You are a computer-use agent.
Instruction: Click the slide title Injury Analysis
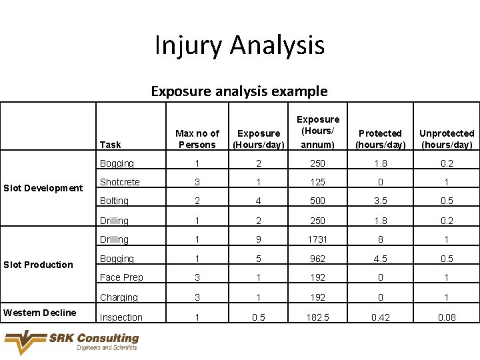pyautogui.click(x=239, y=45)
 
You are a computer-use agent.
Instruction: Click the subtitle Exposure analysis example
pyautogui.click(x=239, y=91)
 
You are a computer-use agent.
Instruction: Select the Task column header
pyautogui.click(x=111, y=145)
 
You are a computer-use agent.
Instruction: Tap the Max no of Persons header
pyautogui.click(x=197, y=139)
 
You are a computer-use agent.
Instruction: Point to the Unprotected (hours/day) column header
pyautogui.click(x=447, y=139)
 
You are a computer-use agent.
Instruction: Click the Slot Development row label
pyautogui.click(x=43, y=188)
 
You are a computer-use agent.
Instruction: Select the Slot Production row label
pyautogui.click(x=39, y=265)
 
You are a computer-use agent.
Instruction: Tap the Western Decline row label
pyautogui.click(x=39, y=313)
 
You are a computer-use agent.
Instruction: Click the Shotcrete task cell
pyautogui.click(x=120, y=182)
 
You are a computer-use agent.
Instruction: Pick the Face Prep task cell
pyautogui.click(x=121, y=277)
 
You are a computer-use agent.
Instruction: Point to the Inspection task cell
pyautogui.click(x=121, y=317)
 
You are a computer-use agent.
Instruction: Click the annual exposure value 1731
pyautogui.click(x=318, y=239)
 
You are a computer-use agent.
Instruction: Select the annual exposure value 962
pyautogui.click(x=318, y=259)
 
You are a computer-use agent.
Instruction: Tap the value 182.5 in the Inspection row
pyautogui.click(x=318, y=317)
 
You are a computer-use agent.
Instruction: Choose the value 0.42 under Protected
pyautogui.click(x=380, y=317)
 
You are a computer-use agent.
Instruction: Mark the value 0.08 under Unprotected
pyautogui.click(x=447, y=317)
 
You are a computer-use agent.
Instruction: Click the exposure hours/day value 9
pyautogui.click(x=258, y=239)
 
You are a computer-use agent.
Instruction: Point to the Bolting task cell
pyautogui.click(x=114, y=201)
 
